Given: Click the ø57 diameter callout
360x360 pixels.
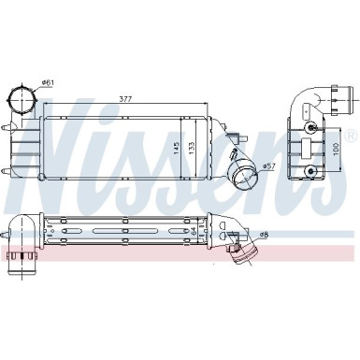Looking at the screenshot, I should pos(267,166).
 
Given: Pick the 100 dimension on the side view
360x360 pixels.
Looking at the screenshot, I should pos(335,151).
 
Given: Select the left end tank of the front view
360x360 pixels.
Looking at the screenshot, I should pos(23,141).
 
